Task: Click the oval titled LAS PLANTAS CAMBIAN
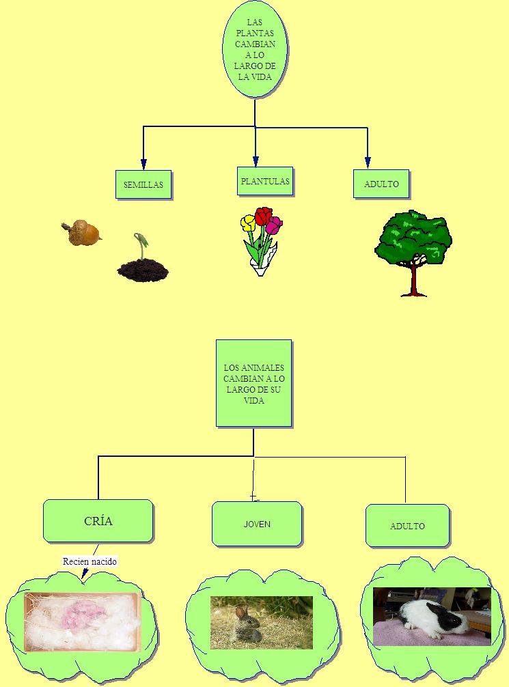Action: (255, 50)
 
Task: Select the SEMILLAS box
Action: (143, 185)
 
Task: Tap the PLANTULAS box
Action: (265, 182)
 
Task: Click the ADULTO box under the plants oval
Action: (381, 184)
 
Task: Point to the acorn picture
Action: (83, 233)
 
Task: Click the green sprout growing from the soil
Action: (142, 244)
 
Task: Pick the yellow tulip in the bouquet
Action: (248, 223)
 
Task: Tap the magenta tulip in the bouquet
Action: (274, 225)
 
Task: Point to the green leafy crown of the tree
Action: (413, 236)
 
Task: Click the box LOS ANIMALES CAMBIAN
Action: (254, 383)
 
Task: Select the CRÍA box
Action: (98, 521)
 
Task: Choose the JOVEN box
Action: (257, 524)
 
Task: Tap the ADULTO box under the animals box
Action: (407, 526)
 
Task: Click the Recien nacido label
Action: (90, 561)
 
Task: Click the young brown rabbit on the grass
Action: (246, 626)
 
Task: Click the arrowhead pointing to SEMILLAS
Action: (143, 164)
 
